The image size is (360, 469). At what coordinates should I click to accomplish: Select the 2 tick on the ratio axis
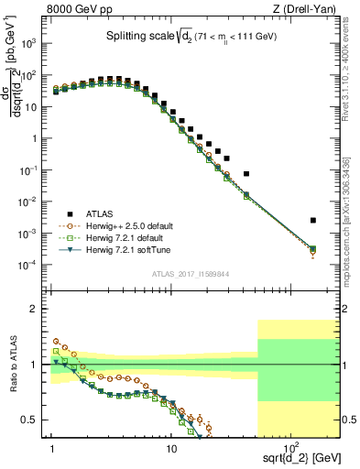pos(38,309)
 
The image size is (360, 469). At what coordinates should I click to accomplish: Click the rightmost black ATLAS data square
pos(313,220)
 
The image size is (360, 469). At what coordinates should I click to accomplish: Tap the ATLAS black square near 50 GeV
pos(245,174)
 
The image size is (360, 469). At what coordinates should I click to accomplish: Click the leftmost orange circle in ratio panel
pos(55,341)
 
